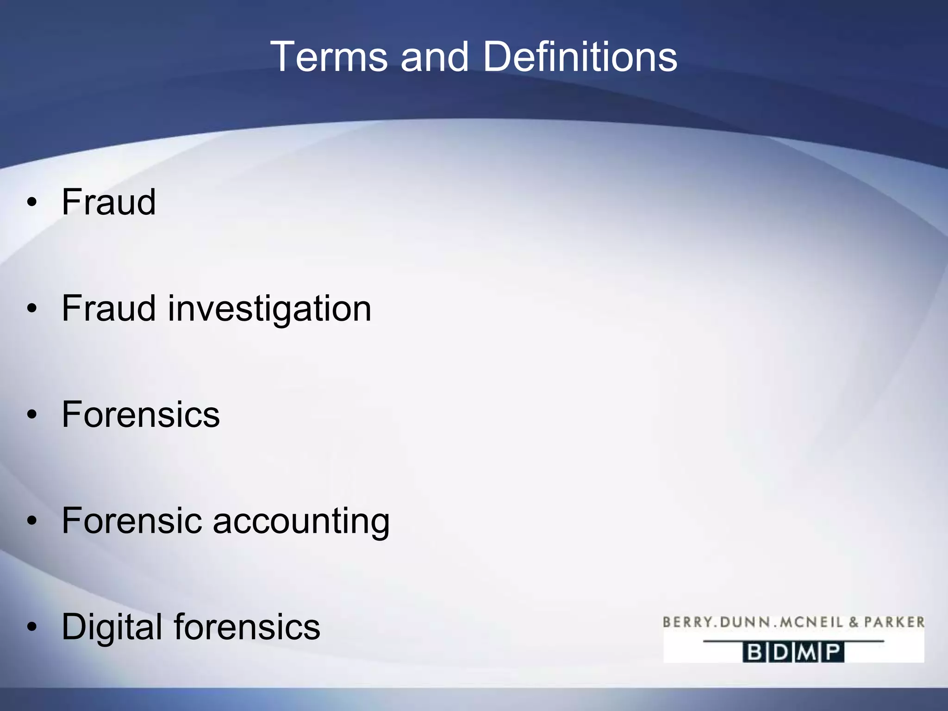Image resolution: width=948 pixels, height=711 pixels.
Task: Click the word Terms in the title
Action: tap(329, 57)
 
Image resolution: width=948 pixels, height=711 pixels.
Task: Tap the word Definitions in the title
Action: tap(580, 57)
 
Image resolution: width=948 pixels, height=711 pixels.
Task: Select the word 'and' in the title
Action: tap(435, 57)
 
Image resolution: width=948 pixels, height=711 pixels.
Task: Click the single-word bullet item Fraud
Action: tap(109, 202)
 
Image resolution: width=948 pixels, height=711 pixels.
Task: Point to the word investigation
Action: tap(269, 309)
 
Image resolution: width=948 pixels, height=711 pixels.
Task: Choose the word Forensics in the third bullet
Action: tap(141, 414)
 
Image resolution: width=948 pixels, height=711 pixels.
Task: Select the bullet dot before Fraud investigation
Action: tap(31, 309)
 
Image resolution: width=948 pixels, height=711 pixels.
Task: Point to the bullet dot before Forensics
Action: tap(31, 415)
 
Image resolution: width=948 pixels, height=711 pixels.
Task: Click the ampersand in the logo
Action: tap(854, 622)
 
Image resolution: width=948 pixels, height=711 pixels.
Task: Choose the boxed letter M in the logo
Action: tap(807, 653)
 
